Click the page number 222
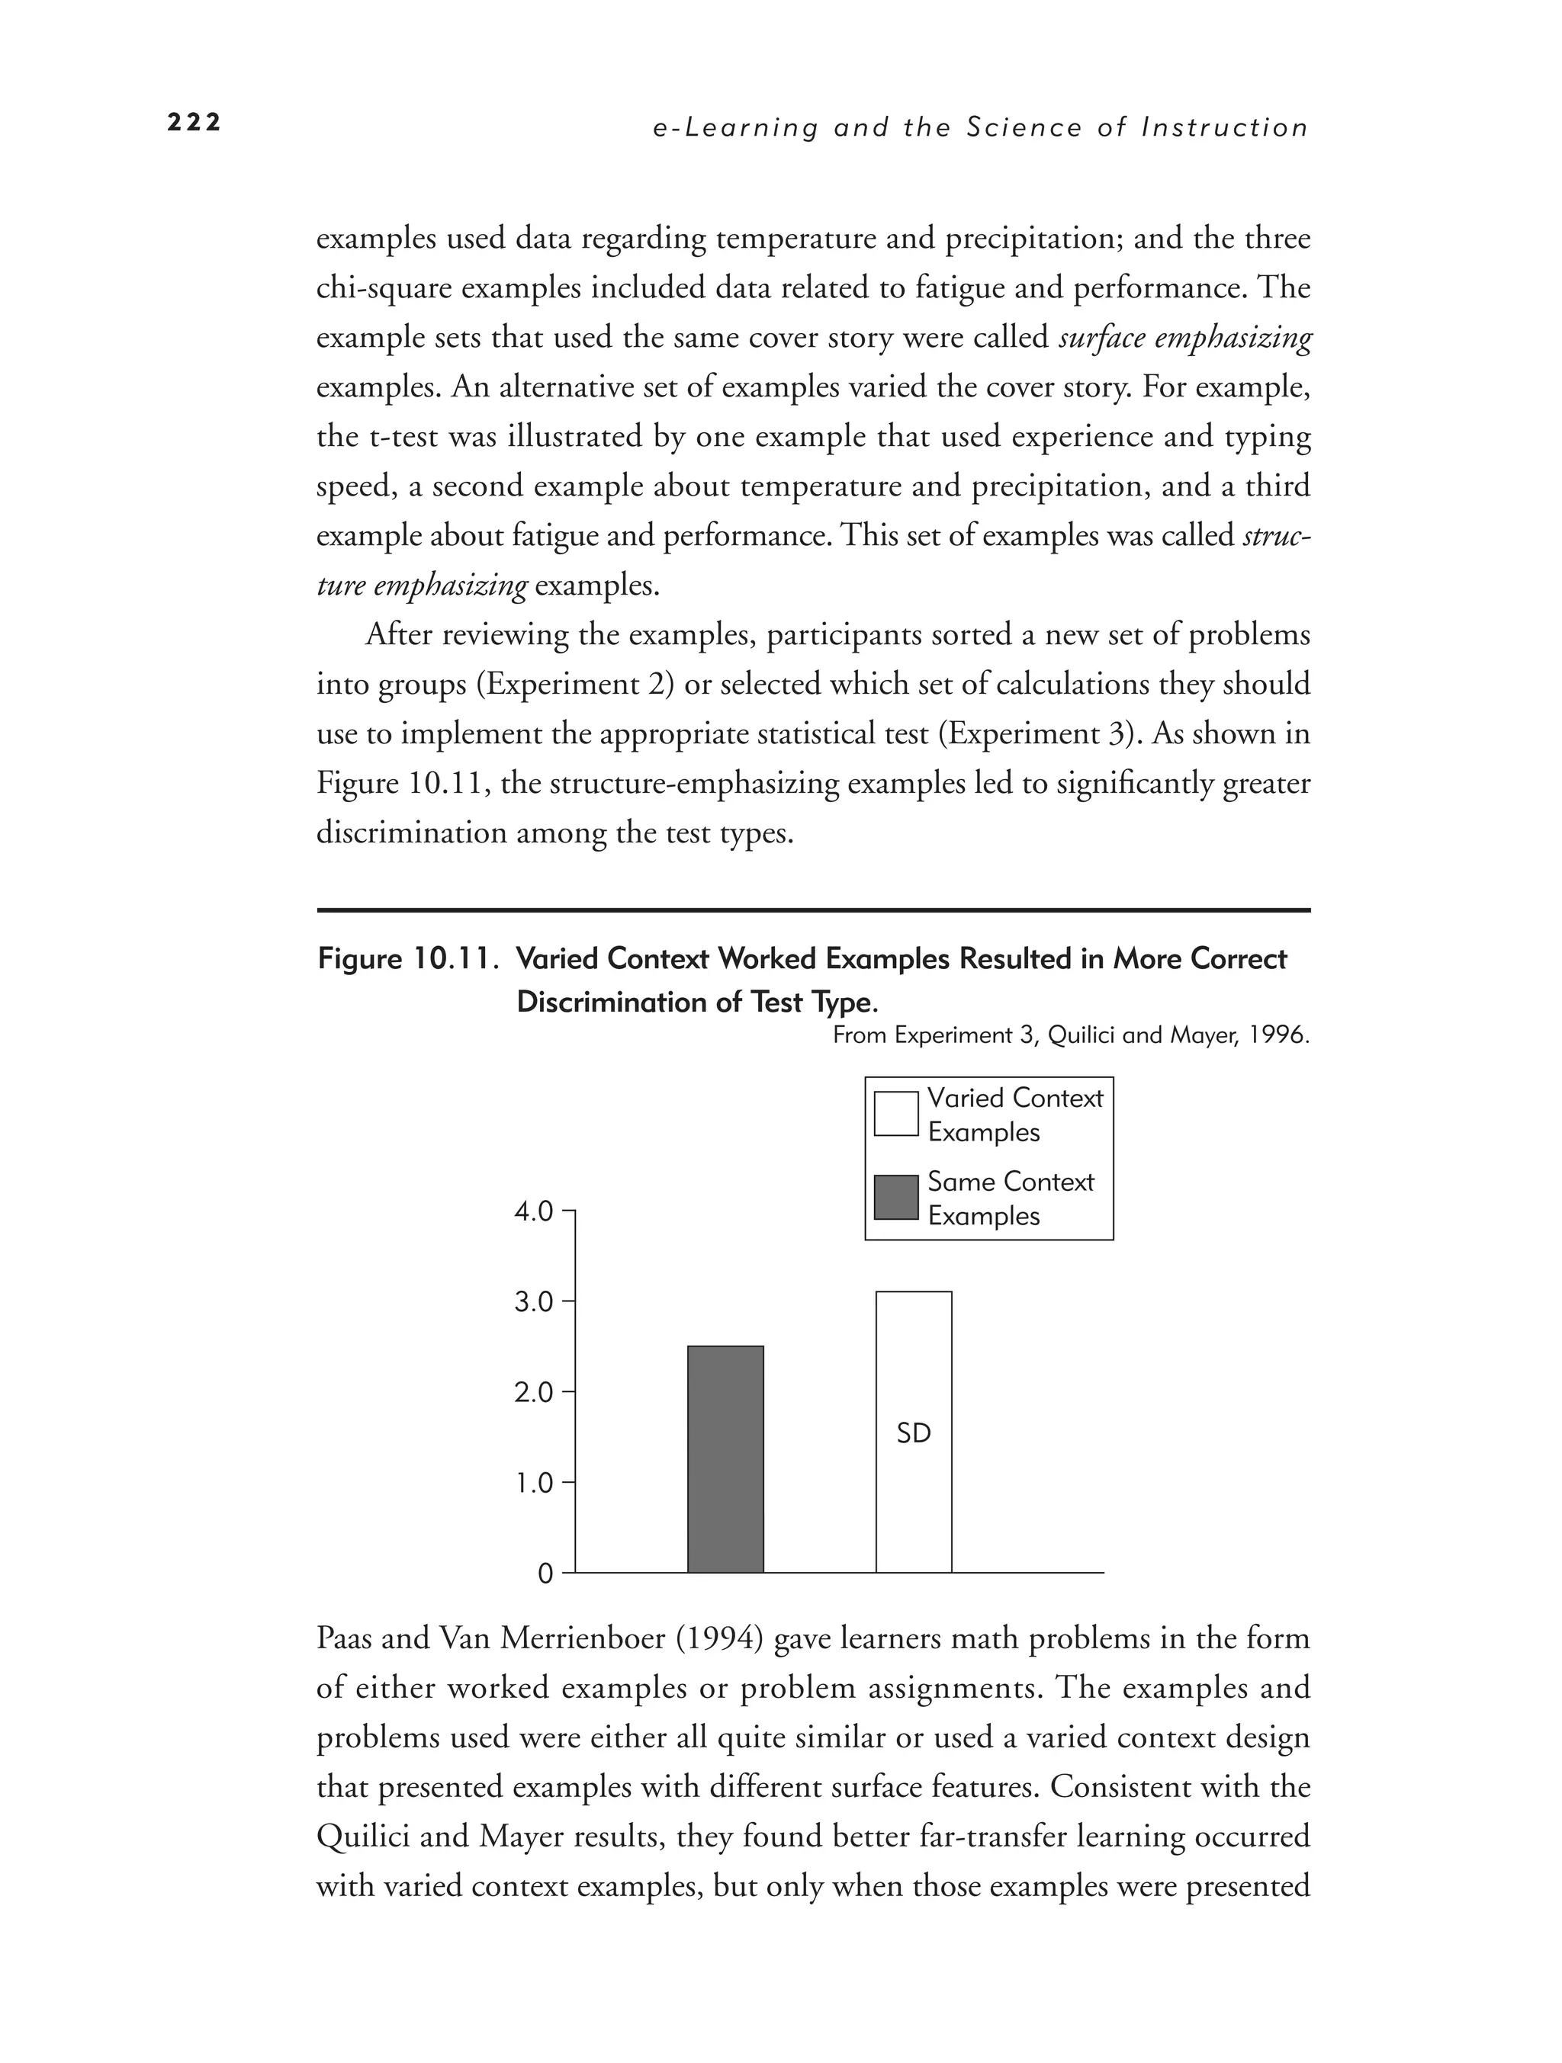194,122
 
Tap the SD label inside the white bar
913,1433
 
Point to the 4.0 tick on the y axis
533,1211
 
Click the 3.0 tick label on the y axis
533,1301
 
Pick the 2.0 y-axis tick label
533,1392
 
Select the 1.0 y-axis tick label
533,1483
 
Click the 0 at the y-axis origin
545,1574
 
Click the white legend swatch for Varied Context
895,1114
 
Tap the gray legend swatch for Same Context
895,1198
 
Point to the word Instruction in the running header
1225,128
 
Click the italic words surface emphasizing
1185,337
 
